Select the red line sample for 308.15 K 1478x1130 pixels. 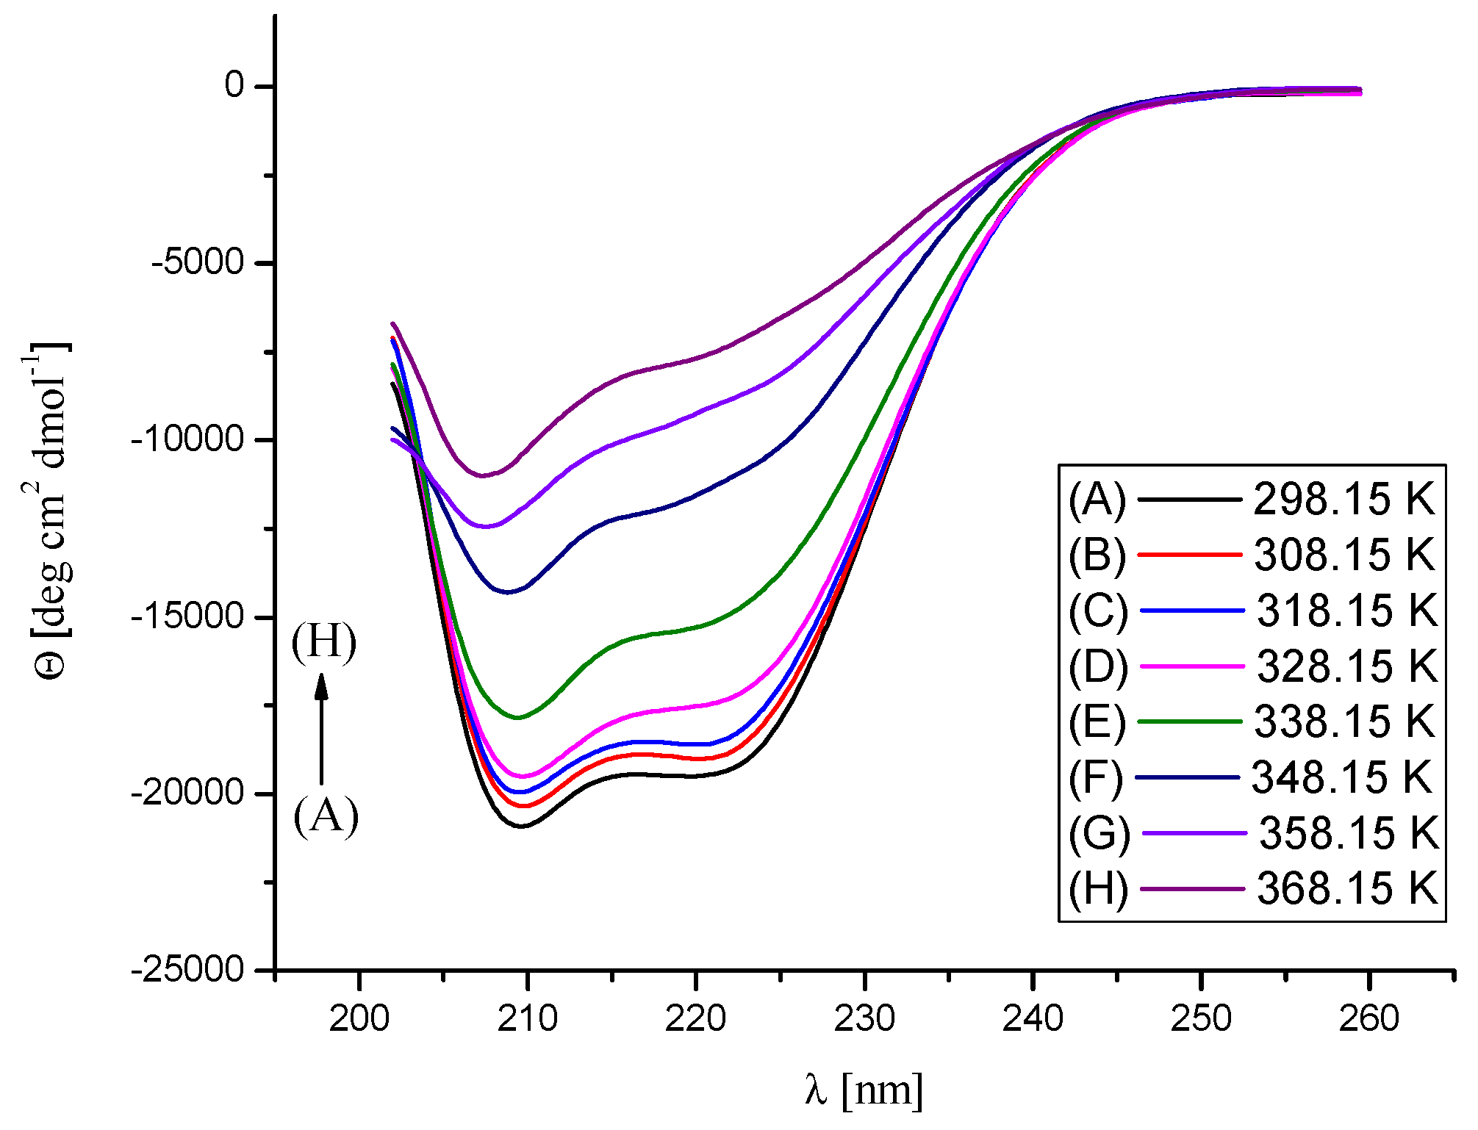1189,555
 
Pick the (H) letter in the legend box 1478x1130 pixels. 1098,889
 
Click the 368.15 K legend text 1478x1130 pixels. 1346,889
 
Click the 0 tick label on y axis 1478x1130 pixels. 234,85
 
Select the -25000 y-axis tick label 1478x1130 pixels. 187,970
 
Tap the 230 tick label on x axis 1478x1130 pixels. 864,1018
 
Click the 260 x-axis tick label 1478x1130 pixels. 1368,1018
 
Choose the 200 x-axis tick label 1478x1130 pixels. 359,1018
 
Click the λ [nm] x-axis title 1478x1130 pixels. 864,1089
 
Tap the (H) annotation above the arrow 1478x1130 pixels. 323,641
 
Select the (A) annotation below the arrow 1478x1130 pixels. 326,816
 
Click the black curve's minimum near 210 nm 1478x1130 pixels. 522,826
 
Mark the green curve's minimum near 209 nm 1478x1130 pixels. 518,717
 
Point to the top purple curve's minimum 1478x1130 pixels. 483,475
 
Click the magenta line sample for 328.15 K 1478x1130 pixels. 1192,666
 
